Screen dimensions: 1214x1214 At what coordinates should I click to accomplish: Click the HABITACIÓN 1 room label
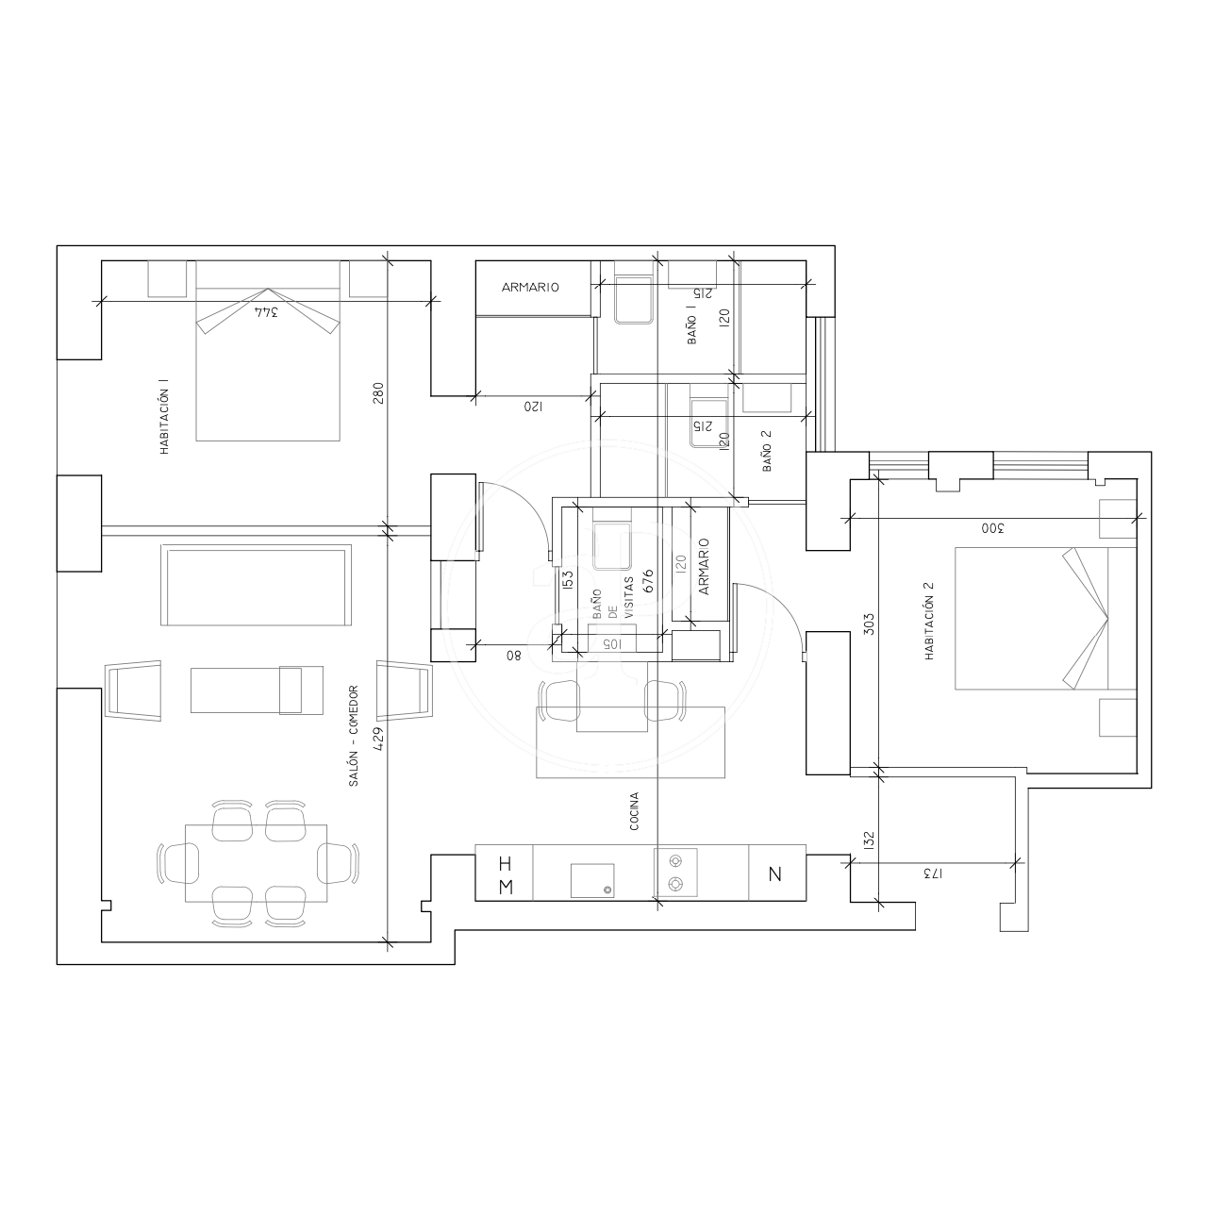[x=164, y=417]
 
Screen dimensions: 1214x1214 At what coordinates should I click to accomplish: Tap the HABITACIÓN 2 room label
[x=929, y=622]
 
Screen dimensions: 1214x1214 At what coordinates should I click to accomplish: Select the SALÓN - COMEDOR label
[x=354, y=736]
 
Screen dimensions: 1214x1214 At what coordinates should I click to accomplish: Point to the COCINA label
[x=635, y=811]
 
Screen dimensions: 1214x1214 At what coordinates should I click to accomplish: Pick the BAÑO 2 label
[x=767, y=451]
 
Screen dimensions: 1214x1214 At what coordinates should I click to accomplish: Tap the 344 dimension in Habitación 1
[x=266, y=312]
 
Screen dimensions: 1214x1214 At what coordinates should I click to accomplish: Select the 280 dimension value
[x=378, y=393]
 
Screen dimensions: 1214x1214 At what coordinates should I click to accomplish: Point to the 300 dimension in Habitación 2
[x=992, y=528]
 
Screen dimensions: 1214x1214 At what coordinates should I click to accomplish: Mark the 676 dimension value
[x=648, y=580]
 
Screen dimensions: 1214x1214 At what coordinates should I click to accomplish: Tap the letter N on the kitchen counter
[x=775, y=874]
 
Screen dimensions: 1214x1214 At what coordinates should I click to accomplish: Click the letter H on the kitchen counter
[x=506, y=863]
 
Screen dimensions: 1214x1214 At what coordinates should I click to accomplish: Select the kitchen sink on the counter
[x=592, y=880]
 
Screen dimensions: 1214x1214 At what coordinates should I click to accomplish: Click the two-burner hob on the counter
[x=675, y=873]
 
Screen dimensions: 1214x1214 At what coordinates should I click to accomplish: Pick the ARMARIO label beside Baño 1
[x=530, y=288]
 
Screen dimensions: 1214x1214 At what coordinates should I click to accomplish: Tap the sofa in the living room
[x=256, y=585]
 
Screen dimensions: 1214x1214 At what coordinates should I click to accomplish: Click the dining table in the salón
[x=256, y=863]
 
